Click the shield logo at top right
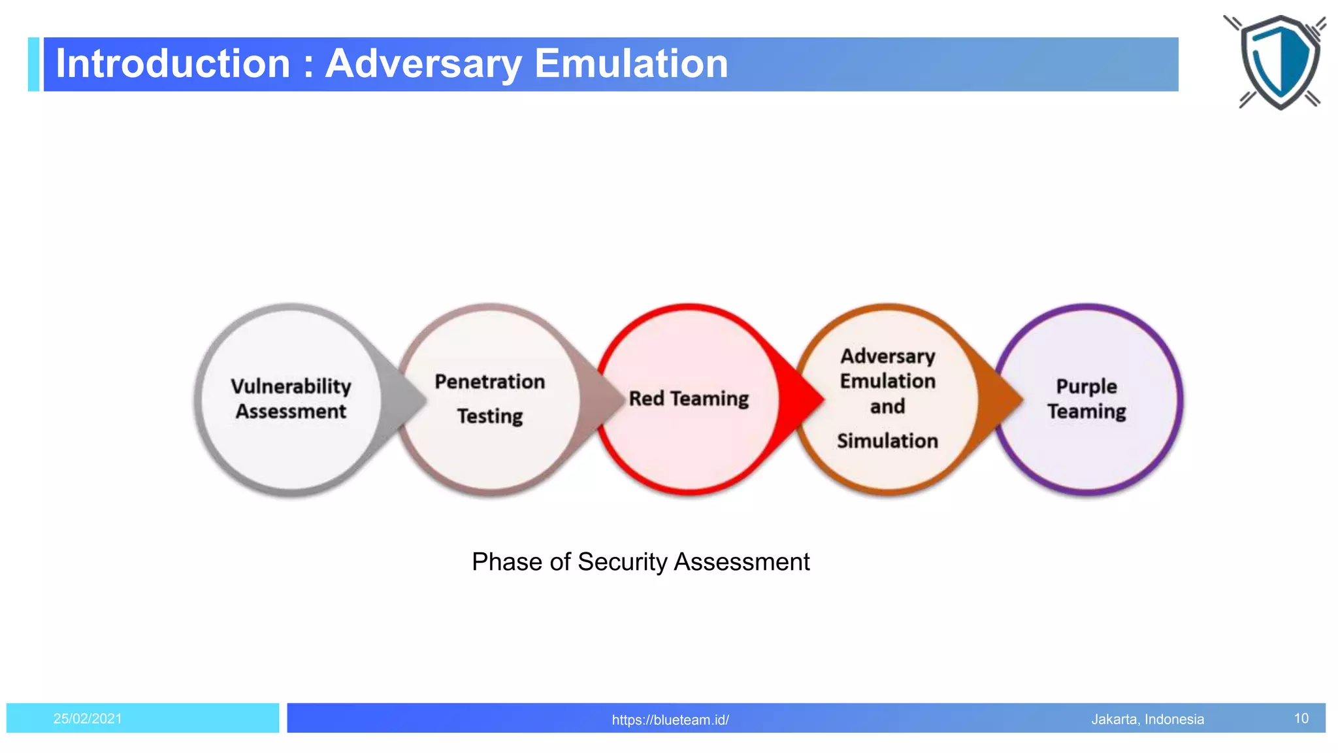pyautogui.click(x=1279, y=61)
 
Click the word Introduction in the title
pyautogui.click(x=172, y=64)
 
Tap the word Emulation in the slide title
pyautogui.click(x=630, y=64)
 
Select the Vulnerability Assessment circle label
pyautogui.click(x=291, y=398)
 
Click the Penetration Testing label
pyautogui.click(x=489, y=398)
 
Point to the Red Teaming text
pyautogui.click(x=689, y=399)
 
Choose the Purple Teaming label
pyautogui.click(x=1086, y=398)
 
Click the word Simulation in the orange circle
pyautogui.click(x=887, y=441)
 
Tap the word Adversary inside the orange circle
pyautogui.click(x=887, y=356)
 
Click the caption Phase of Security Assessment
pyautogui.click(x=640, y=562)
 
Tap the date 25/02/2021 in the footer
pyautogui.click(x=88, y=718)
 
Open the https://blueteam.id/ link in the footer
pyautogui.click(x=670, y=720)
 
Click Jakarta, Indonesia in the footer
pyautogui.click(x=1147, y=719)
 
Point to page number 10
pyautogui.click(x=1301, y=718)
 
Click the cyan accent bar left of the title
pyautogui.click(x=34, y=64)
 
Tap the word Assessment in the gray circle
pyautogui.click(x=291, y=412)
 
